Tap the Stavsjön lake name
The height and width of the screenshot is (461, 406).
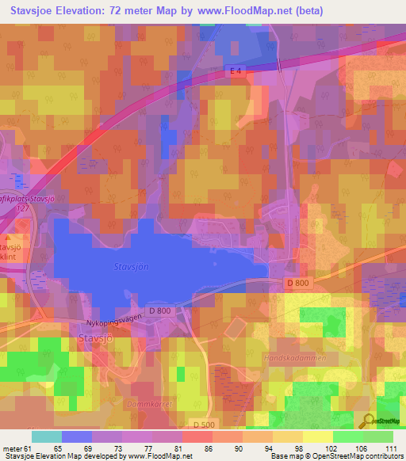[132, 268]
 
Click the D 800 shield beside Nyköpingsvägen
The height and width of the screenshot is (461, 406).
[159, 311]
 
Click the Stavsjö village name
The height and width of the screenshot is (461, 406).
[98, 339]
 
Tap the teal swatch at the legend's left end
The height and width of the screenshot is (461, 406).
[47, 436]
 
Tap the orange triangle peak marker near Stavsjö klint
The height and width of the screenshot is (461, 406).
[8, 237]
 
